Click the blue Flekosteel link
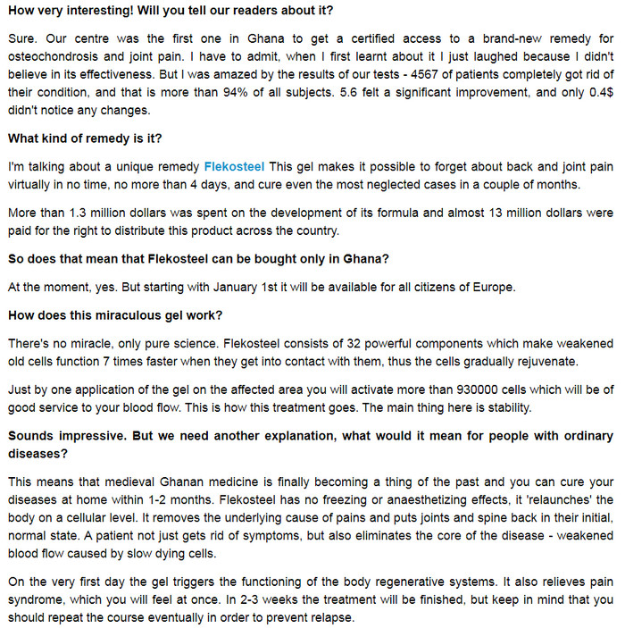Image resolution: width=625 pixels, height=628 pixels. [x=235, y=166]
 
